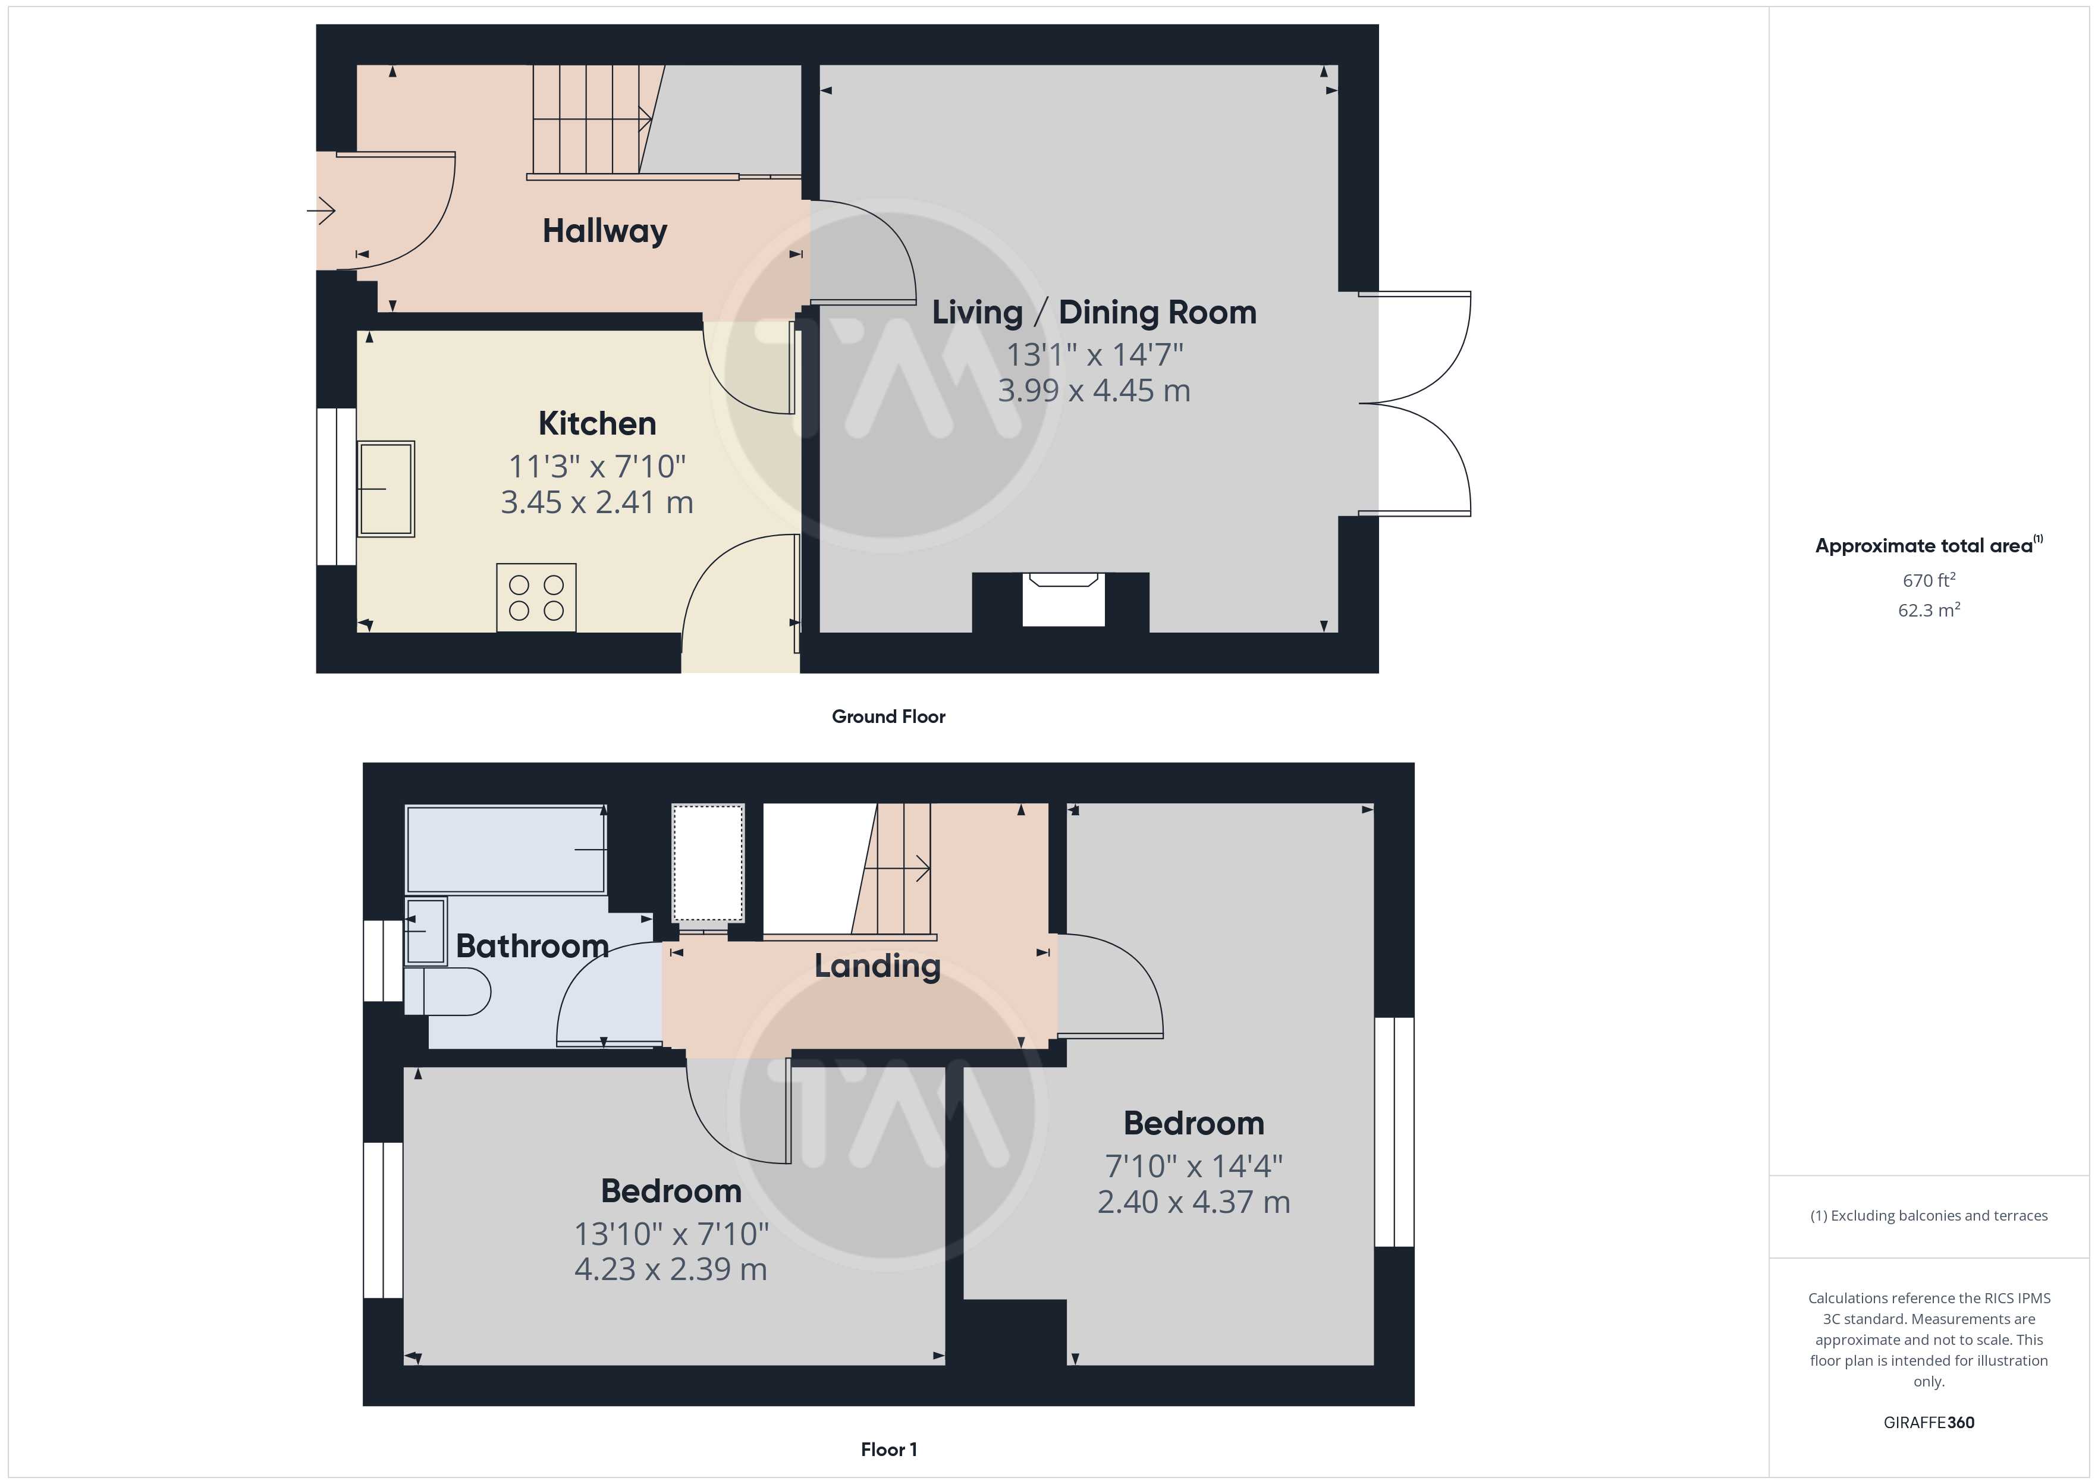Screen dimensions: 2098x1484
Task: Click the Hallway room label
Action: click(x=605, y=231)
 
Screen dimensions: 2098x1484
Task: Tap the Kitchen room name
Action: click(x=598, y=424)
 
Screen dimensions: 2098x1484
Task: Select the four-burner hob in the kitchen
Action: click(x=536, y=598)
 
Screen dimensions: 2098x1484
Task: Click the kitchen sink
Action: click(x=385, y=489)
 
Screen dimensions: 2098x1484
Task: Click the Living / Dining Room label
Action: click(x=1094, y=313)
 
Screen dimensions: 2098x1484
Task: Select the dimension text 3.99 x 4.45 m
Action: click(x=1094, y=391)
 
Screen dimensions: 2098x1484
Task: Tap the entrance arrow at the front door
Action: click(x=322, y=211)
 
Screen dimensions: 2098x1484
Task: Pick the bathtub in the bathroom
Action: click(x=505, y=849)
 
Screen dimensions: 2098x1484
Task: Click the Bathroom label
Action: click(x=532, y=946)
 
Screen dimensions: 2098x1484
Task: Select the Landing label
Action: click(x=877, y=966)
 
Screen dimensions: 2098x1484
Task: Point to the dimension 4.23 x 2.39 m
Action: click(x=671, y=1269)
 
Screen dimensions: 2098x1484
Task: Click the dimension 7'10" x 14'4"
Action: click(x=1194, y=1166)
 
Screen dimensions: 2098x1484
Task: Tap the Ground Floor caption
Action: click(x=888, y=716)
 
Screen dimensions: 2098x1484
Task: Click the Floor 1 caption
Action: click(x=888, y=1450)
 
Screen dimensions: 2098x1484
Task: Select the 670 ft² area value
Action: click(x=1929, y=580)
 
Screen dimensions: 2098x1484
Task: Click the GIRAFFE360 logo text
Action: click(x=1929, y=1423)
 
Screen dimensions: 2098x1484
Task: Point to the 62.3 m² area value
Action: click(x=1929, y=609)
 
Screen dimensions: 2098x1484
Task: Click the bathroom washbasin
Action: click(x=425, y=931)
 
